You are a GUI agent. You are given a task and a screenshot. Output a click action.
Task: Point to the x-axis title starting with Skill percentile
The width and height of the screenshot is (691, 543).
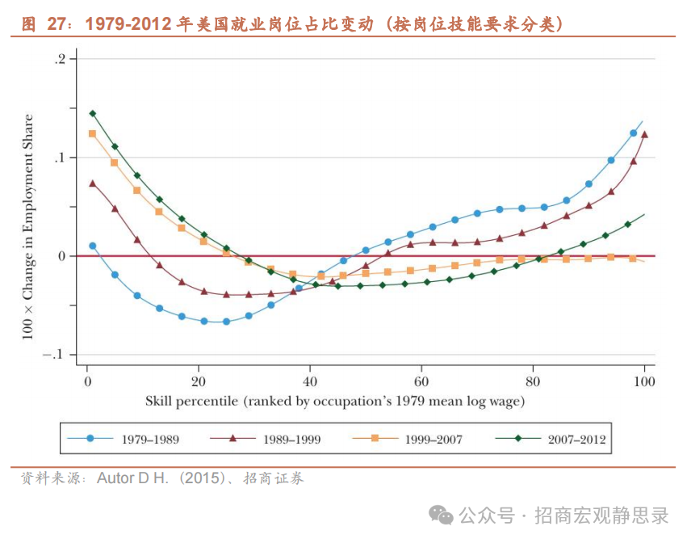(335, 400)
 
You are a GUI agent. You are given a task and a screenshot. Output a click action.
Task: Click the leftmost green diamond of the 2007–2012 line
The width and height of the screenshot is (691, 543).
(93, 114)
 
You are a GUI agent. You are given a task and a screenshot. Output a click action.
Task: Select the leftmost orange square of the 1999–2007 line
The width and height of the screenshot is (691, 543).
(93, 133)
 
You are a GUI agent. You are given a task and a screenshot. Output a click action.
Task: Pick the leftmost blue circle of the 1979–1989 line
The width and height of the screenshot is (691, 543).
(93, 246)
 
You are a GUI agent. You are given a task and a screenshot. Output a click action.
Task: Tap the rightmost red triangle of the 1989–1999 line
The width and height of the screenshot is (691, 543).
(644, 135)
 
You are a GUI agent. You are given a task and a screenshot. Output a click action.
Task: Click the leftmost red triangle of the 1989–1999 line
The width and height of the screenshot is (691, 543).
(93, 183)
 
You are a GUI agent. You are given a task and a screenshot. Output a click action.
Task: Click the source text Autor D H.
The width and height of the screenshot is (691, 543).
(133, 478)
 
